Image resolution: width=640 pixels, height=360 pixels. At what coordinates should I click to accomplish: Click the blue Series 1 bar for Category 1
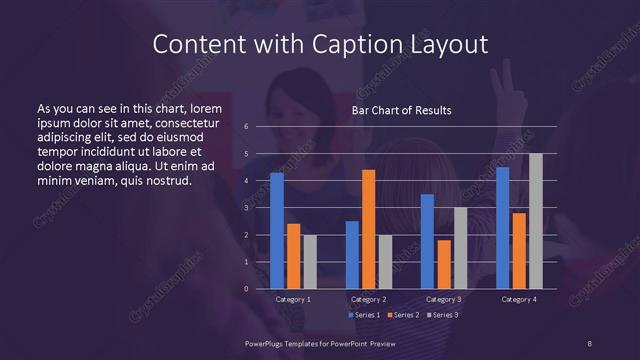[x=277, y=231]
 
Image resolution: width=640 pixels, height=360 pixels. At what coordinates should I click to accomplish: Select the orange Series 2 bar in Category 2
[x=368, y=229]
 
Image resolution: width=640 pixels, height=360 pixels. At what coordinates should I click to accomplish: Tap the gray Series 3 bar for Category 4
[x=535, y=221]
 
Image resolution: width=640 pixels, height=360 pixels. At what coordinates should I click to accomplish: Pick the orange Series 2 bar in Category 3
[x=444, y=264]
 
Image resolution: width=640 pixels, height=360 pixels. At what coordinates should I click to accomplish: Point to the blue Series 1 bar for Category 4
[x=503, y=228]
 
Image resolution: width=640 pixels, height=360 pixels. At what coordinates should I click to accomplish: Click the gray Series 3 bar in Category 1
[x=310, y=262]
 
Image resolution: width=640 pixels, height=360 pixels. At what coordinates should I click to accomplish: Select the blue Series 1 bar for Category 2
[x=352, y=255]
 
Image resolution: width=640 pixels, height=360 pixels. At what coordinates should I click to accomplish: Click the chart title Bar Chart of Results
[x=401, y=110]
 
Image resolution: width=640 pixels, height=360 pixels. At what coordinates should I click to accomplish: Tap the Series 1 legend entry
[x=363, y=315]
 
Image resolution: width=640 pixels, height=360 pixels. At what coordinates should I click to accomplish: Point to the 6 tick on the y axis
[x=246, y=127]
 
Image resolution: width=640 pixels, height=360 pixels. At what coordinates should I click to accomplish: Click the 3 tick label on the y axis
[x=246, y=208]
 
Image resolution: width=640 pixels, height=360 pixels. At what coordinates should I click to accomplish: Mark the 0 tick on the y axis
[x=246, y=289]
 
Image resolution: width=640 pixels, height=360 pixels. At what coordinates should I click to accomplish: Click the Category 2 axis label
[x=368, y=299]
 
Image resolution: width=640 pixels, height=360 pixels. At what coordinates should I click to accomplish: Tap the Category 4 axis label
[x=519, y=299]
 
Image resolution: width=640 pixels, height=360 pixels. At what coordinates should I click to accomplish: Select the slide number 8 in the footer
[x=590, y=343]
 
